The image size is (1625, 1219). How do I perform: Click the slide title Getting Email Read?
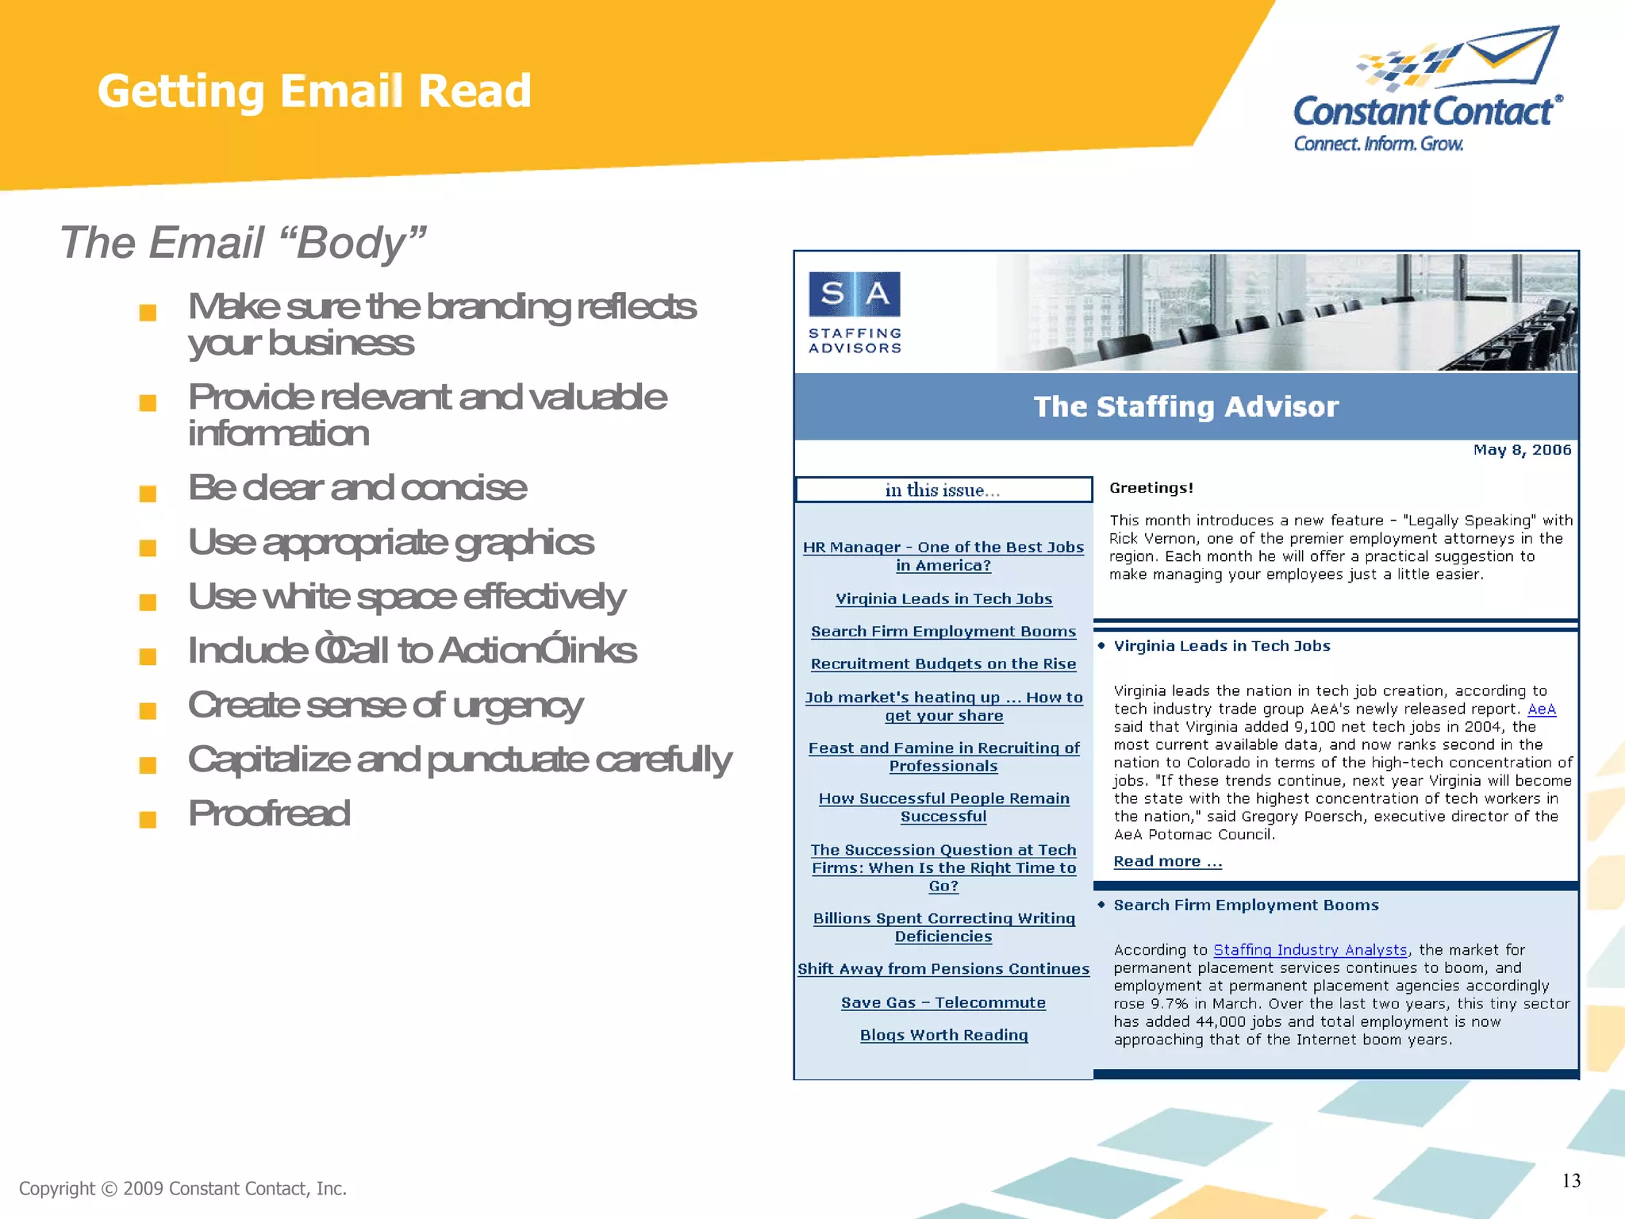pos(314,90)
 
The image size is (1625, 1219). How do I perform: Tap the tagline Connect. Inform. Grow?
pos(1378,144)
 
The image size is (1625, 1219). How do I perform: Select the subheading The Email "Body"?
pos(243,242)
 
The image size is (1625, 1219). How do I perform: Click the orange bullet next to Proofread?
pos(148,818)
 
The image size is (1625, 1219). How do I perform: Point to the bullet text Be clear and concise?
pos(357,487)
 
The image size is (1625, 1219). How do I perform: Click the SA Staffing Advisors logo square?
pos(855,294)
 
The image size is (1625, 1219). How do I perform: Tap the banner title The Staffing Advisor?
pos(1185,406)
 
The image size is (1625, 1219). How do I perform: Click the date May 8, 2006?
pos(1522,450)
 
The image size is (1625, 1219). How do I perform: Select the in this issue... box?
pos(943,490)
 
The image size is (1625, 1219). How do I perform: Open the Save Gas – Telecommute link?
pos(943,1002)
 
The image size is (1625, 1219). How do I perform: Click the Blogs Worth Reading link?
pos(943,1035)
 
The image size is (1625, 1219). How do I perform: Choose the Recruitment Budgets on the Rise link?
pos(943,663)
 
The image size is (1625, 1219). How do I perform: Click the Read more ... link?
pos(1167,861)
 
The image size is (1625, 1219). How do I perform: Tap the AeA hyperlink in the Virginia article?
pos(1541,709)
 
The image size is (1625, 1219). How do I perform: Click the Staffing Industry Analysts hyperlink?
pos(1310,950)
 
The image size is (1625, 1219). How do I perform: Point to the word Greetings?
pos(1151,488)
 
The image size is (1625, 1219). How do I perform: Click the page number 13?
pos(1571,1181)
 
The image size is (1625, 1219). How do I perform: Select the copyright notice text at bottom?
pos(182,1188)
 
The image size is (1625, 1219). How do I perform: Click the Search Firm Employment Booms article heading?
pos(1246,905)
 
